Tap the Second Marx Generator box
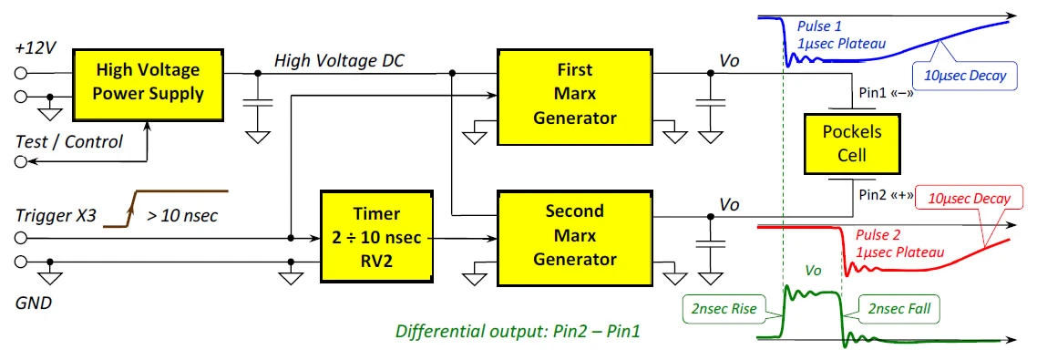575,235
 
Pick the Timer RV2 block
376,235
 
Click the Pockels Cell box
842,143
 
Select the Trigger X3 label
56,215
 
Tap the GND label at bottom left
34,303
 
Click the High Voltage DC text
339,61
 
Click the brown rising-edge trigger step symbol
166,209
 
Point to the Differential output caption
518,331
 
